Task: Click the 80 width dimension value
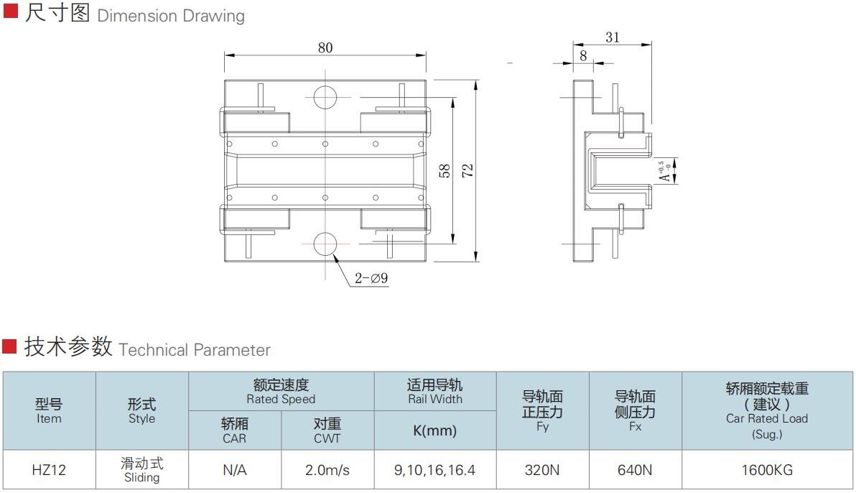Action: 325,47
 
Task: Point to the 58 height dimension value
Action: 445,170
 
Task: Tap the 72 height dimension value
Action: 467,170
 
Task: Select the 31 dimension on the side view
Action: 613,37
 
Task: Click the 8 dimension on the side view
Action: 583,56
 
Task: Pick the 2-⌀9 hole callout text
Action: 371,278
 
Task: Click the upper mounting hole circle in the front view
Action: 325,97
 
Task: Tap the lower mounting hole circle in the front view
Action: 325,244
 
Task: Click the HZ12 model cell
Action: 49,469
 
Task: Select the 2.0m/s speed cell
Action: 327,469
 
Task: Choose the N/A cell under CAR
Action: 235,469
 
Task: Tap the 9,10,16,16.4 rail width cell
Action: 434,469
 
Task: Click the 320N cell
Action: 542,469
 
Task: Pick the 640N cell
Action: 635,469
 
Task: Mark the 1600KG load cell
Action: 767,469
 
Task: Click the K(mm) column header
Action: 434,430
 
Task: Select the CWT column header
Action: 327,438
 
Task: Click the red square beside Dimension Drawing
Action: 10,11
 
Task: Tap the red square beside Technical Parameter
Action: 9,346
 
